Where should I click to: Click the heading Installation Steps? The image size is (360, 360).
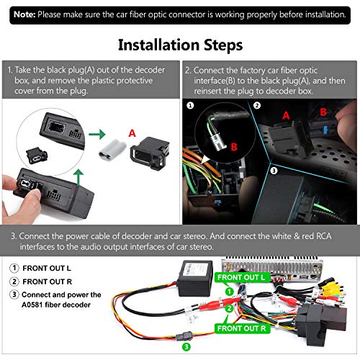[180, 45]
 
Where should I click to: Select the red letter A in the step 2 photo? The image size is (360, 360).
[286, 115]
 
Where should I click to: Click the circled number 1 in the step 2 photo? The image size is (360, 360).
[191, 104]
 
